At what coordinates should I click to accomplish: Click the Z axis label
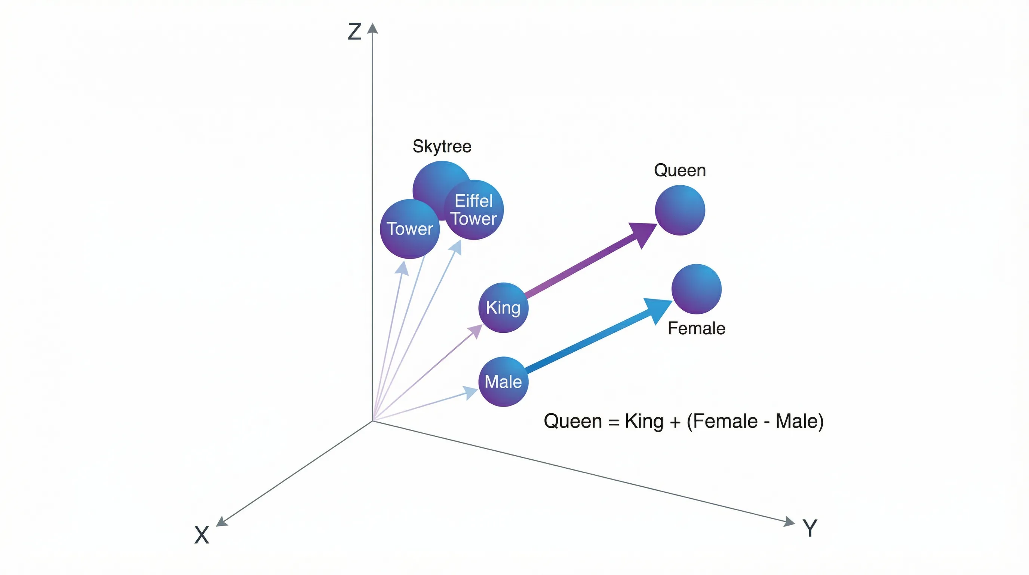(354, 31)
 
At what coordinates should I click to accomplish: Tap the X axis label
(202, 535)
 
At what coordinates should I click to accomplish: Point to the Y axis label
(810, 528)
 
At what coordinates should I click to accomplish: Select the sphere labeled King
(503, 308)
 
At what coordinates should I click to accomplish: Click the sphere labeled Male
(503, 382)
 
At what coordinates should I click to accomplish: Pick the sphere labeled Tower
(409, 229)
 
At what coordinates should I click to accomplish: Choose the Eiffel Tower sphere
(474, 210)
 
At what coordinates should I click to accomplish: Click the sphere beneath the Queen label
(680, 210)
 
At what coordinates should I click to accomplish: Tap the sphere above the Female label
(696, 289)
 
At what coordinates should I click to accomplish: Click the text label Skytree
(442, 146)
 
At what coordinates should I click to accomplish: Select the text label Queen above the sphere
(680, 171)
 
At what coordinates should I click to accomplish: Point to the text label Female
(696, 329)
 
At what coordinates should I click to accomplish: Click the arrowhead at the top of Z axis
(373, 28)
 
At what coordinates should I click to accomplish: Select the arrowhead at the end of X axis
(221, 522)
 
